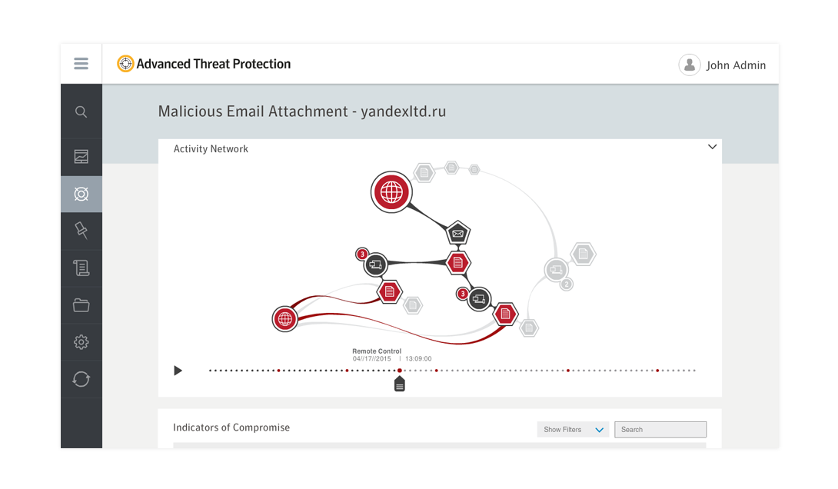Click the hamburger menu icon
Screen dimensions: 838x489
(x=81, y=64)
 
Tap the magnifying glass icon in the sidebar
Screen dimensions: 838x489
(x=81, y=111)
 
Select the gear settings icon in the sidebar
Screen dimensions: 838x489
(x=81, y=342)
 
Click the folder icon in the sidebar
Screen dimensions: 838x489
(x=81, y=305)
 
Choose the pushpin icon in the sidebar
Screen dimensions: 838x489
(x=81, y=231)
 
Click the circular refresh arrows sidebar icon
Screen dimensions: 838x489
(x=81, y=379)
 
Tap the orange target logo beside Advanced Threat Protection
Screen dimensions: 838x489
(x=125, y=64)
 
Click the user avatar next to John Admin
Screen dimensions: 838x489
(x=690, y=65)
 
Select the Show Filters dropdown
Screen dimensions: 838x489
(x=573, y=430)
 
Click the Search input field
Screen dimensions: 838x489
(x=660, y=430)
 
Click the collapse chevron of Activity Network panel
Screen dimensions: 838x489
(x=712, y=147)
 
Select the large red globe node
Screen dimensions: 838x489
(x=391, y=192)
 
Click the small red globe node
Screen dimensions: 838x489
(x=285, y=319)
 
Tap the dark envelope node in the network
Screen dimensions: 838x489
(x=458, y=233)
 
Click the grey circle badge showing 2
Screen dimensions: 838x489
(x=567, y=284)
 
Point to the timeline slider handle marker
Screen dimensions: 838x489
(x=400, y=384)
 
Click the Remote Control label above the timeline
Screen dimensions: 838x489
(x=377, y=351)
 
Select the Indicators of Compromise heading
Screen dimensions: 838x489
(x=231, y=427)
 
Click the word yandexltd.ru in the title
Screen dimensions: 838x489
(x=404, y=111)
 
